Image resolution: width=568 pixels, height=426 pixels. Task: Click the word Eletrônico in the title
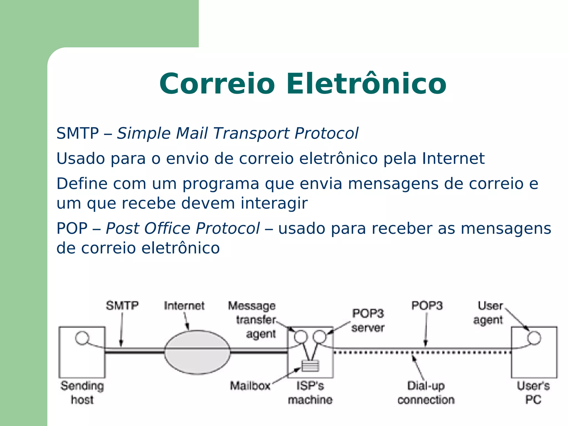click(x=366, y=84)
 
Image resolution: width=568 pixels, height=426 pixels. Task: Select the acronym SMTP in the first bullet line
click(x=78, y=133)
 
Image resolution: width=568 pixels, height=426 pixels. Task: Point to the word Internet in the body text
click(x=453, y=159)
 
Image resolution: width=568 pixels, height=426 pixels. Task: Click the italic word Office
click(x=168, y=229)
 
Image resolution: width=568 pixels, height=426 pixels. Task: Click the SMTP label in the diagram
click(x=122, y=306)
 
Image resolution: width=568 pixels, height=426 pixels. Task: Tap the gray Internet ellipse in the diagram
click(x=197, y=352)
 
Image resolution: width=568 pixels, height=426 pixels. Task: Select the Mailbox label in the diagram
click(x=250, y=386)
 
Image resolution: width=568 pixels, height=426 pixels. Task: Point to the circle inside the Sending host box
click(x=82, y=338)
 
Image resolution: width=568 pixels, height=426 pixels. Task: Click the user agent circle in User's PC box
click(x=534, y=338)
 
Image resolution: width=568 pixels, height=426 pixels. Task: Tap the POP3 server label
click(x=368, y=321)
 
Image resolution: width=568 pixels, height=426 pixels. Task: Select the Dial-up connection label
click(x=426, y=393)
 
